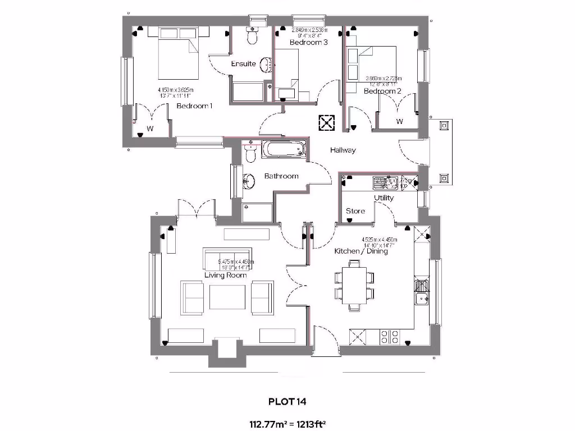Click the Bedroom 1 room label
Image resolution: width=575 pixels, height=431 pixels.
194,106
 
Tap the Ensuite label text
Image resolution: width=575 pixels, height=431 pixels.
243,64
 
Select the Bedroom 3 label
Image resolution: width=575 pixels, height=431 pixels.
308,42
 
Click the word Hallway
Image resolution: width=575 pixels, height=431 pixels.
343,150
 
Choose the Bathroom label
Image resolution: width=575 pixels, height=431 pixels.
281,176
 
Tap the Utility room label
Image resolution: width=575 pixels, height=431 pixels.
384,198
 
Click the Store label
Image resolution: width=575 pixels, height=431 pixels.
355,211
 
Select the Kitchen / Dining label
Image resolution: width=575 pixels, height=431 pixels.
361,251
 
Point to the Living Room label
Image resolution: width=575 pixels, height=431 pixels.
226,276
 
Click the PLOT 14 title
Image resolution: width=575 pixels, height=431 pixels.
287,401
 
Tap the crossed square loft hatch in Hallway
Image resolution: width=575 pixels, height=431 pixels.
326,122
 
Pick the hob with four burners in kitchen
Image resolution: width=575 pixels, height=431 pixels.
390,337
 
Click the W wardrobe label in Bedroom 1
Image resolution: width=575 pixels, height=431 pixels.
150,129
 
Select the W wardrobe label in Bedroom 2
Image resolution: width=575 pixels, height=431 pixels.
399,121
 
